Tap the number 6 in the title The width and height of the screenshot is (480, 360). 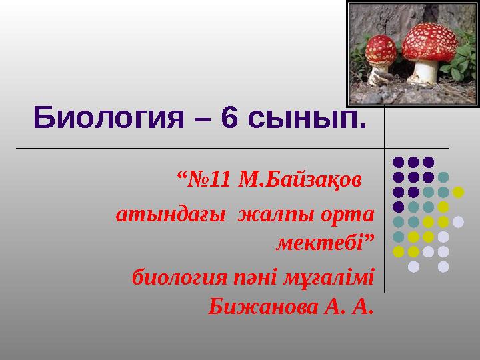click(x=229, y=117)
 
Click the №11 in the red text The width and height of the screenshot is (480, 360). click(x=209, y=179)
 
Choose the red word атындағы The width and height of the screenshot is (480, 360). click(x=171, y=215)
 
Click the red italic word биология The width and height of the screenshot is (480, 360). click(x=180, y=278)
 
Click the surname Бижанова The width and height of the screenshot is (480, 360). click(x=263, y=307)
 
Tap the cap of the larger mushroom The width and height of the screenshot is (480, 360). click(x=430, y=42)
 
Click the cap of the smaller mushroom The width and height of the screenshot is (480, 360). click(x=381, y=49)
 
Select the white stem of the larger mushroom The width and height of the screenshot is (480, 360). click(x=424, y=72)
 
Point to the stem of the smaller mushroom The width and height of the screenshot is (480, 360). click(x=379, y=75)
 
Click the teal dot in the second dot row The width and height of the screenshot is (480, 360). click(x=443, y=177)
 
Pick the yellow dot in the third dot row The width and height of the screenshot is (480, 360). click(x=458, y=192)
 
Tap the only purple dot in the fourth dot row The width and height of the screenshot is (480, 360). click(x=398, y=207)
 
